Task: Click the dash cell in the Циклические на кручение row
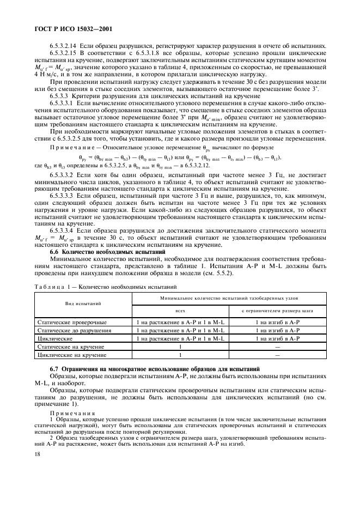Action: click(277, 355)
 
